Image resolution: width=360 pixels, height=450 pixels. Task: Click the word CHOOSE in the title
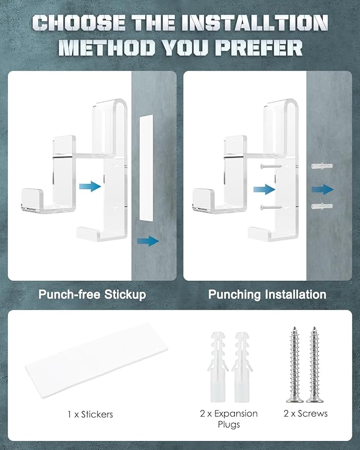(x=79, y=23)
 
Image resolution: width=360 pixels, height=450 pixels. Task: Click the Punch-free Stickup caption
(x=92, y=295)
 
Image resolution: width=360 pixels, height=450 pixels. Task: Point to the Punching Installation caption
(x=267, y=295)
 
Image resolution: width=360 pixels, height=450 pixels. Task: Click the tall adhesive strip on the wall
(x=146, y=167)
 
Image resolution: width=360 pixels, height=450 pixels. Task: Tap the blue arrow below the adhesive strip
(x=148, y=241)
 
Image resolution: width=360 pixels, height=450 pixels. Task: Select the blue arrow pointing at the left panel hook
(x=90, y=186)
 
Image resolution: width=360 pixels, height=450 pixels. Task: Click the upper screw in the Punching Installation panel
(x=272, y=166)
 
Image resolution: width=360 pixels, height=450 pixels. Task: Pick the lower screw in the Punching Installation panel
(x=272, y=207)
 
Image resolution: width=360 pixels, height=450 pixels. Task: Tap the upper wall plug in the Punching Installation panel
(x=322, y=166)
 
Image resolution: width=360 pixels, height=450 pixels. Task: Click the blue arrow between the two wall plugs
(x=323, y=189)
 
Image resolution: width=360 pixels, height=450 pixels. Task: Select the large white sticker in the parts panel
(x=96, y=360)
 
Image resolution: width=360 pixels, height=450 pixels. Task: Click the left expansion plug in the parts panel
(x=217, y=367)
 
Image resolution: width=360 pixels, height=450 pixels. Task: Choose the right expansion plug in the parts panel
(x=242, y=367)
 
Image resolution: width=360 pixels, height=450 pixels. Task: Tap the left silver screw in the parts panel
(x=295, y=364)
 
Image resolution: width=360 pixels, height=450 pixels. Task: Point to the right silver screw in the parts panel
(x=314, y=364)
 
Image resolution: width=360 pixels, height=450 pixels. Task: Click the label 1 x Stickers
(x=91, y=414)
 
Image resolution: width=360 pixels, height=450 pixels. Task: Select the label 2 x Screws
(x=306, y=413)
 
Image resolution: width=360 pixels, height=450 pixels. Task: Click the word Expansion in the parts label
(x=236, y=414)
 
